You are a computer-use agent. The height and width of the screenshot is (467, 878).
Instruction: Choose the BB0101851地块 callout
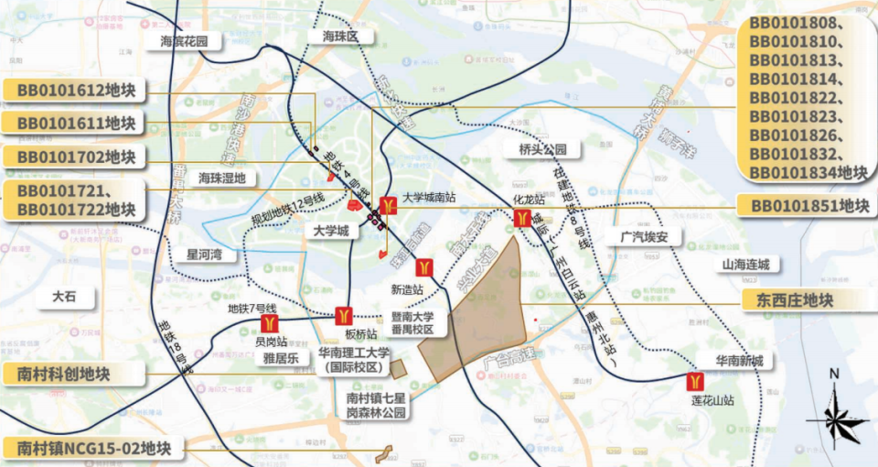[x=808, y=206]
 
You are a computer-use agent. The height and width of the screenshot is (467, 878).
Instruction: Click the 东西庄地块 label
[x=796, y=299]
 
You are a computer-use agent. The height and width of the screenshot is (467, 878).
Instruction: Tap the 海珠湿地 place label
[x=223, y=178]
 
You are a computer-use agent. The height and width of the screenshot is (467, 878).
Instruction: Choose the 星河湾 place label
[x=205, y=255]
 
